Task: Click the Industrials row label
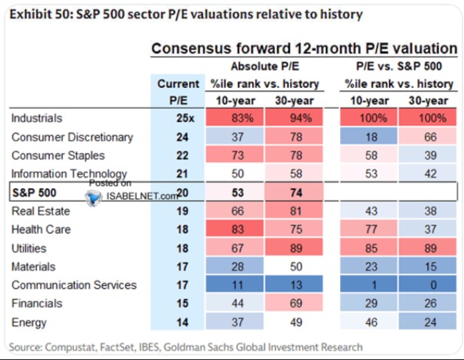37,118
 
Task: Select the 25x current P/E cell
185,118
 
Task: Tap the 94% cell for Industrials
294,118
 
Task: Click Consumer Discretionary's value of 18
368,136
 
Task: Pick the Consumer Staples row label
58,155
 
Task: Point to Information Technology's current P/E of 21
182,174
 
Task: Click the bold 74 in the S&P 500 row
296,192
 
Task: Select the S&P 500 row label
34,192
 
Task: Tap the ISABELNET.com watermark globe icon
93,197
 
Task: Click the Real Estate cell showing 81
294,211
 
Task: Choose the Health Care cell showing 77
368,229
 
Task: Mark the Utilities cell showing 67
235,248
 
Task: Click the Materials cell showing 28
235,267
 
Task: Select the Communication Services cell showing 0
427,285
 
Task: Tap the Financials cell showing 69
294,303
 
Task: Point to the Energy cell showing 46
368,322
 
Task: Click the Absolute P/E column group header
265,66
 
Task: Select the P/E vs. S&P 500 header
399,66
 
